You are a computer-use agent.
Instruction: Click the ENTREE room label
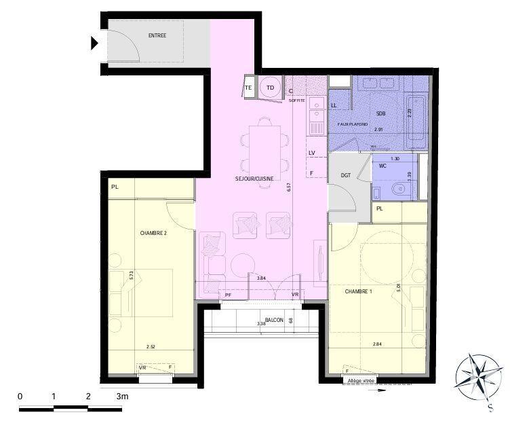[157, 36]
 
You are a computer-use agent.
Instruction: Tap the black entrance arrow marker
[95, 43]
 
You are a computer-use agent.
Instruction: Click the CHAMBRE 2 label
[153, 233]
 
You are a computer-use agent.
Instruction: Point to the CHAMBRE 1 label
[359, 291]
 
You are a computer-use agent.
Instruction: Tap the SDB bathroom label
[380, 113]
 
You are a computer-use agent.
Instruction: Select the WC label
[383, 166]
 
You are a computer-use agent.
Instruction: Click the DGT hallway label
[346, 175]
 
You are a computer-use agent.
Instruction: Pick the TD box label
[270, 88]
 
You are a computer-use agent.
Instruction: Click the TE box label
[248, 88]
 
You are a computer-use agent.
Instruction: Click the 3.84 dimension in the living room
[261, 277]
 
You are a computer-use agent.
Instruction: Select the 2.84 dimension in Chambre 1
[377, 344]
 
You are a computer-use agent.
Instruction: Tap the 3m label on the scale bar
[122, 396]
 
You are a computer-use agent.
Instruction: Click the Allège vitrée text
[361, 381]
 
